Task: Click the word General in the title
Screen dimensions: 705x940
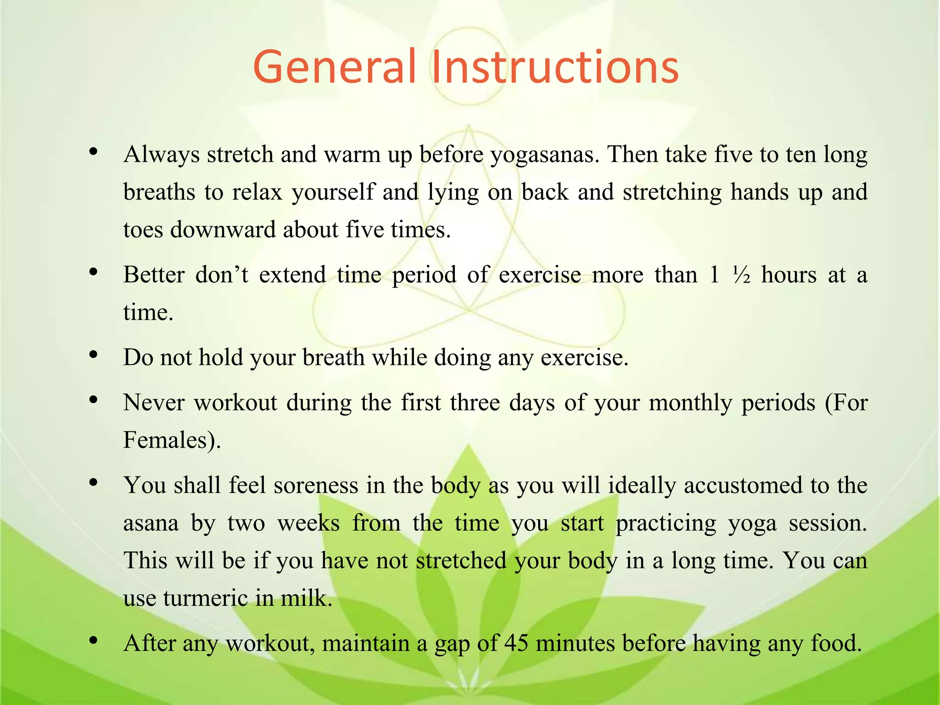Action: coord(334,67)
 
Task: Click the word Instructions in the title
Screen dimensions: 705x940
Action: coord(554,67)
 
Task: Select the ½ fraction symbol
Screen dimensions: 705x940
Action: coord(741,275)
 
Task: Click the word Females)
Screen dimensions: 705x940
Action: coord(172,440)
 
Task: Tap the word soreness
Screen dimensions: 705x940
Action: coord(316,485)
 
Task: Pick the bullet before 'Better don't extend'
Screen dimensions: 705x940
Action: coord(94,272)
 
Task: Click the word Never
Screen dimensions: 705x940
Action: coord(154,403)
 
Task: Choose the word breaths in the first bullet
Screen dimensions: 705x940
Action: coord(159,192)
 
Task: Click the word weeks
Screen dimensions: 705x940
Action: coord(308,523)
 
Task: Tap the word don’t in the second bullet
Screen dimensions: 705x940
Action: coord(222,274)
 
